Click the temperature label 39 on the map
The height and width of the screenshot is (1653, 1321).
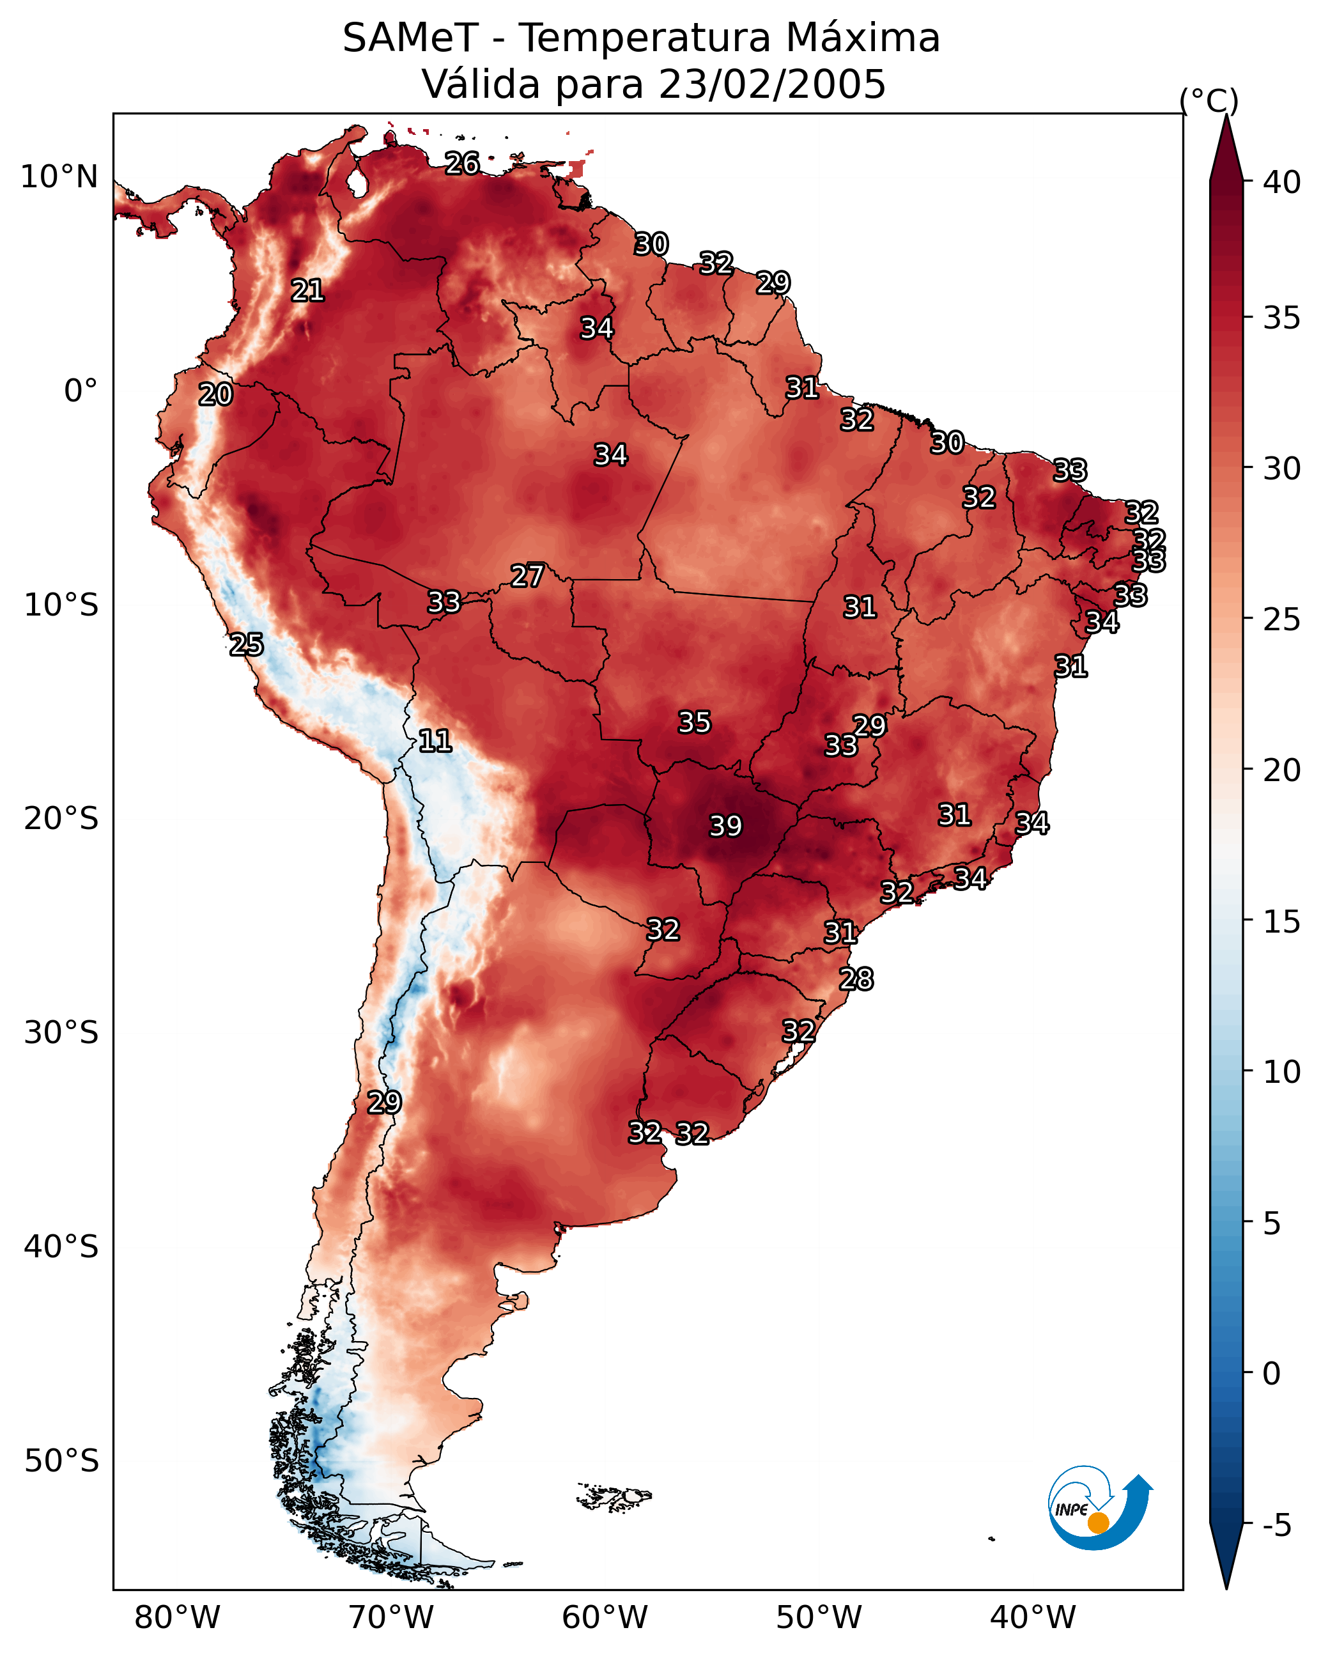click(725, 826)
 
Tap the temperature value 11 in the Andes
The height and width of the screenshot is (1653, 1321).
click(435, 741)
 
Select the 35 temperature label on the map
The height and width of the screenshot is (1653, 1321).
click(695, 722)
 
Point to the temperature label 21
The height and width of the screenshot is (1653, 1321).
click(307, 290)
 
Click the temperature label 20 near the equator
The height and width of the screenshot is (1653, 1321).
click(215, 394)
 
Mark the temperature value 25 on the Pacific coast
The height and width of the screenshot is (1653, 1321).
click(246, 645)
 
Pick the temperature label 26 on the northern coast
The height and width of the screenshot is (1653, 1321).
click(462, 163)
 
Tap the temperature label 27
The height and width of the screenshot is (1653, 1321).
click(527, 576)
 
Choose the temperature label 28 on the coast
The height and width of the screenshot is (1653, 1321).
click(856, 979)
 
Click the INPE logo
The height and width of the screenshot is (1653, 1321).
click(1099, 1507)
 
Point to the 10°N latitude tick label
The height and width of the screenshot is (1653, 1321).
click(59, 177)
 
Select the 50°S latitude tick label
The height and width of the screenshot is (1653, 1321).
click(61, 1461)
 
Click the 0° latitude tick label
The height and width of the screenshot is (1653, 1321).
click(81, 391)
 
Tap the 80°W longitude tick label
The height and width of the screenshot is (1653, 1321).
click(177, 1618)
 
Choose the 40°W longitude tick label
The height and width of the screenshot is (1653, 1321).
click(1033, 1618)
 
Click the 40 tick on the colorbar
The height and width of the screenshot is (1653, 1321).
click(1282, 182)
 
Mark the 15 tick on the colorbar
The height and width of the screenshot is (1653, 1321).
click(1282, 922)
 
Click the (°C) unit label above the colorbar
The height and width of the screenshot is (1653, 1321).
click(1209, 100)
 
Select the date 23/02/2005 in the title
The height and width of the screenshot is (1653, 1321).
click(772, 84)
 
